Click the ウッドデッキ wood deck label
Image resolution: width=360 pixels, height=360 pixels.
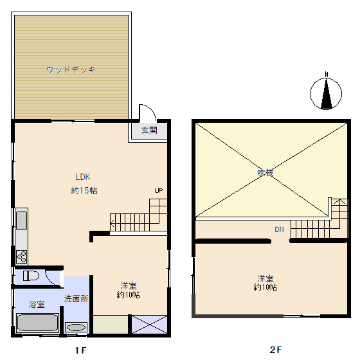point(71,69)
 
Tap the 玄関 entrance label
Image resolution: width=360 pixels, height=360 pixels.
point(149,130)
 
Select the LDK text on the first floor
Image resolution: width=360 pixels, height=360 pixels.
point(83,177)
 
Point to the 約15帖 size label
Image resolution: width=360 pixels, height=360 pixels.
point(84,190)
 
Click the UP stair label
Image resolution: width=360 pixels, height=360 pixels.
point(158,190)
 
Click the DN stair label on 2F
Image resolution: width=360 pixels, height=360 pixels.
point(279,230)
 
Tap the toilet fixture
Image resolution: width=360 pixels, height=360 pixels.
point(31,276)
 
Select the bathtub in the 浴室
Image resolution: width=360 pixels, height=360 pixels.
point(37,323)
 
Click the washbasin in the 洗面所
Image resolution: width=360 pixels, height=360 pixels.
point(76,327)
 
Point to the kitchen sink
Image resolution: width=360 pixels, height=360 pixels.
point(22,221)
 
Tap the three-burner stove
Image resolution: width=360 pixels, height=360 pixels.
point(22,256)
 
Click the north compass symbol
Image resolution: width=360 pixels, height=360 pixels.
point(326,93)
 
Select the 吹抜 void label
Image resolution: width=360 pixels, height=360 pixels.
point(265,173)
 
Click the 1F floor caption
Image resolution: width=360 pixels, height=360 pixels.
point(80,350)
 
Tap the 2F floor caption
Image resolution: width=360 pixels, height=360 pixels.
point(276,350)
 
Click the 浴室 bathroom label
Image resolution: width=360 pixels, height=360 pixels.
point(37,305)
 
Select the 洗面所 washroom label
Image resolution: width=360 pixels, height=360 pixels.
point(76,298)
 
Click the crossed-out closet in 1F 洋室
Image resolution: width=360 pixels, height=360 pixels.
point(149,324)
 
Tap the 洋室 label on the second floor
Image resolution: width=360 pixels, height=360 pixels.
point(265,279)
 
